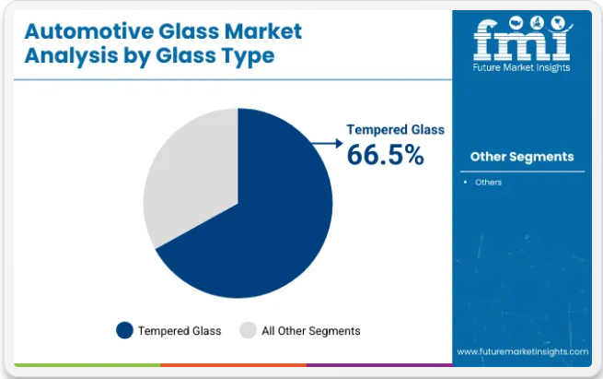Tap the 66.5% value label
(x=386, y=155)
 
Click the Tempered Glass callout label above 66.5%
(x=395, y=130)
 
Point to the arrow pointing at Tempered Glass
(x=327, y=143)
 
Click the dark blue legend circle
(x=124, y=330)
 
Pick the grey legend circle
(x=248, y=330)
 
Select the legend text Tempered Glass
(x=180, y=331)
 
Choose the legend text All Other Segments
(x=311, y=331)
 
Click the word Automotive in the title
(x=88, y=31)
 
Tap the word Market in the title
(x=263, y=31)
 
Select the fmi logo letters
(x=522, y=39)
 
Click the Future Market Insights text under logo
(x=521, y=68)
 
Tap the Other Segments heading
(x=522, y=157)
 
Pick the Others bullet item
(x=488, y=183)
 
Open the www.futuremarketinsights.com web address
(x=522, y=351)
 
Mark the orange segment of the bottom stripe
(x=234, y=365)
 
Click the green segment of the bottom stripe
(x=87, y=365)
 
